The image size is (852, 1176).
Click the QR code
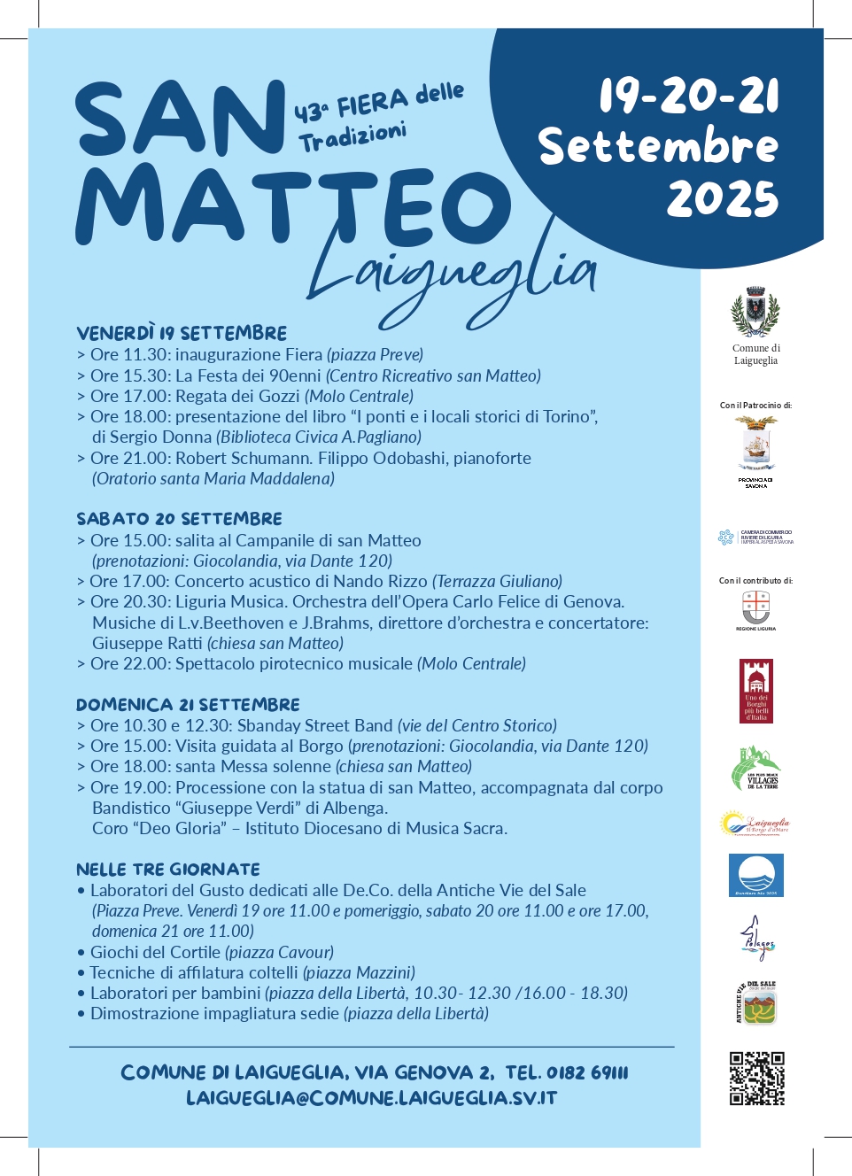tap(756, 1079)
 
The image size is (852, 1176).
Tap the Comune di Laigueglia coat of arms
tap(755, 312)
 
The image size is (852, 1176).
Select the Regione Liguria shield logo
tap(755, 607)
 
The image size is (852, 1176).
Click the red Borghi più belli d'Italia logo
tap(755, 691)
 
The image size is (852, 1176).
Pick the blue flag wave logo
tap(755, 875)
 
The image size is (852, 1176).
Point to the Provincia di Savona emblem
tap(755, 443)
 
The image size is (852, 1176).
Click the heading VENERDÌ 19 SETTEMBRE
tap(182, 334)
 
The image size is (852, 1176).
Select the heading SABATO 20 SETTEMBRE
tap(179, 519)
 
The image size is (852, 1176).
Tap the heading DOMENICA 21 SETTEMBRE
tap(188, 705)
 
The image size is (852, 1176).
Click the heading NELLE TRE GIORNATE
tap(168, 870)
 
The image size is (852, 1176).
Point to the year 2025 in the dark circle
tap(722, 199)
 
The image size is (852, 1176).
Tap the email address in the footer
tap(371, 1098)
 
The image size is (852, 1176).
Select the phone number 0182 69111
tap(587, 1073)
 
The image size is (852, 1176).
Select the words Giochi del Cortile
tap(155, 953)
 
